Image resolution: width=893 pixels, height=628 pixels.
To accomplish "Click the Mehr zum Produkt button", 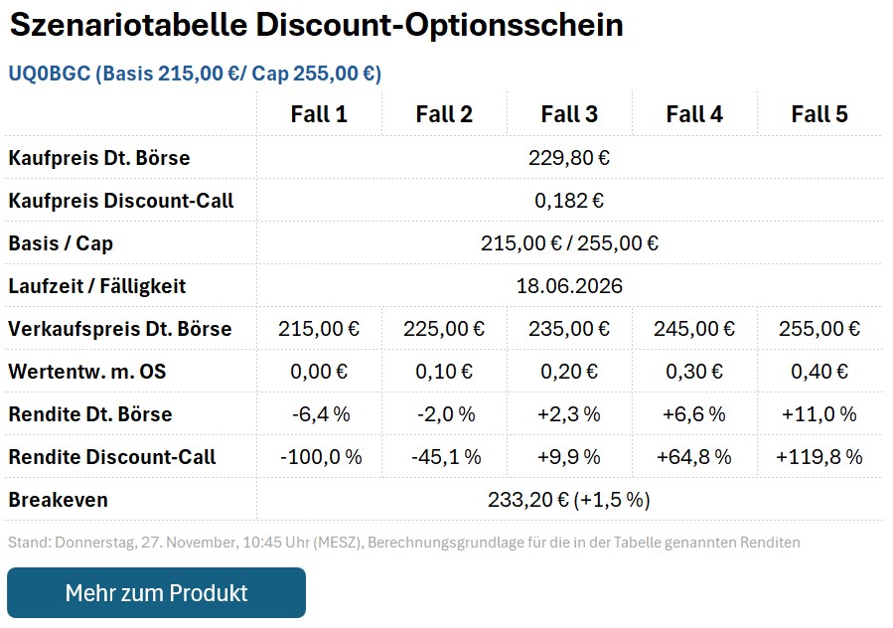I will point(156,593).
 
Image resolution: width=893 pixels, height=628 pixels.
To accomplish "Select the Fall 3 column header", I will point(569,114).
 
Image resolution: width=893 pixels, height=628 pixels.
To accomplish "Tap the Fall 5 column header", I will point(819,114).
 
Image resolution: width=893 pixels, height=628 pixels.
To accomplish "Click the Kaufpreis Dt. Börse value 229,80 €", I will point(569,157).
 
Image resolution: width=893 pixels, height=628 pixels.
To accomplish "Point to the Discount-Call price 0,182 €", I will point(569,200).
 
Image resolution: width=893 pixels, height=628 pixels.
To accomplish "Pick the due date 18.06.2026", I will point(569,286).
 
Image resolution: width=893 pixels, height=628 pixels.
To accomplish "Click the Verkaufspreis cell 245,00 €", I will point(694,329).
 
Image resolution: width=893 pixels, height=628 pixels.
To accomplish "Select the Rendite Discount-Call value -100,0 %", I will point(320,457).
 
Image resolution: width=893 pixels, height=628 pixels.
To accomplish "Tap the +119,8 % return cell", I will point(819,457).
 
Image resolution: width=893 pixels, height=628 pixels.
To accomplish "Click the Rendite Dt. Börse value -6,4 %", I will point(320,414).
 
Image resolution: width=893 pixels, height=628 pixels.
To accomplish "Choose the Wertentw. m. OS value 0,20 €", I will point(569,372).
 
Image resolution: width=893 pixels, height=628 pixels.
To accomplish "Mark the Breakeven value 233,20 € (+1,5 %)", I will point(569,500).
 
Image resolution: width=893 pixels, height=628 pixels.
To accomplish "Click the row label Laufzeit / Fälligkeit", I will point(97,286).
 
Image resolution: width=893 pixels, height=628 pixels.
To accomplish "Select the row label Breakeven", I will point(58,500).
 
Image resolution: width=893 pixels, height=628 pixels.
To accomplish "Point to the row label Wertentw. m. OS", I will point(87,372).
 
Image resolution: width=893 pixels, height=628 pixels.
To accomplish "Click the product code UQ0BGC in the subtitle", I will point(48,74).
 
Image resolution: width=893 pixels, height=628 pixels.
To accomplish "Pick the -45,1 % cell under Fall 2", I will point(445,457).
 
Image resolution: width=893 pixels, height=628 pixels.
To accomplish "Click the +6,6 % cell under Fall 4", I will point(694,414).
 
